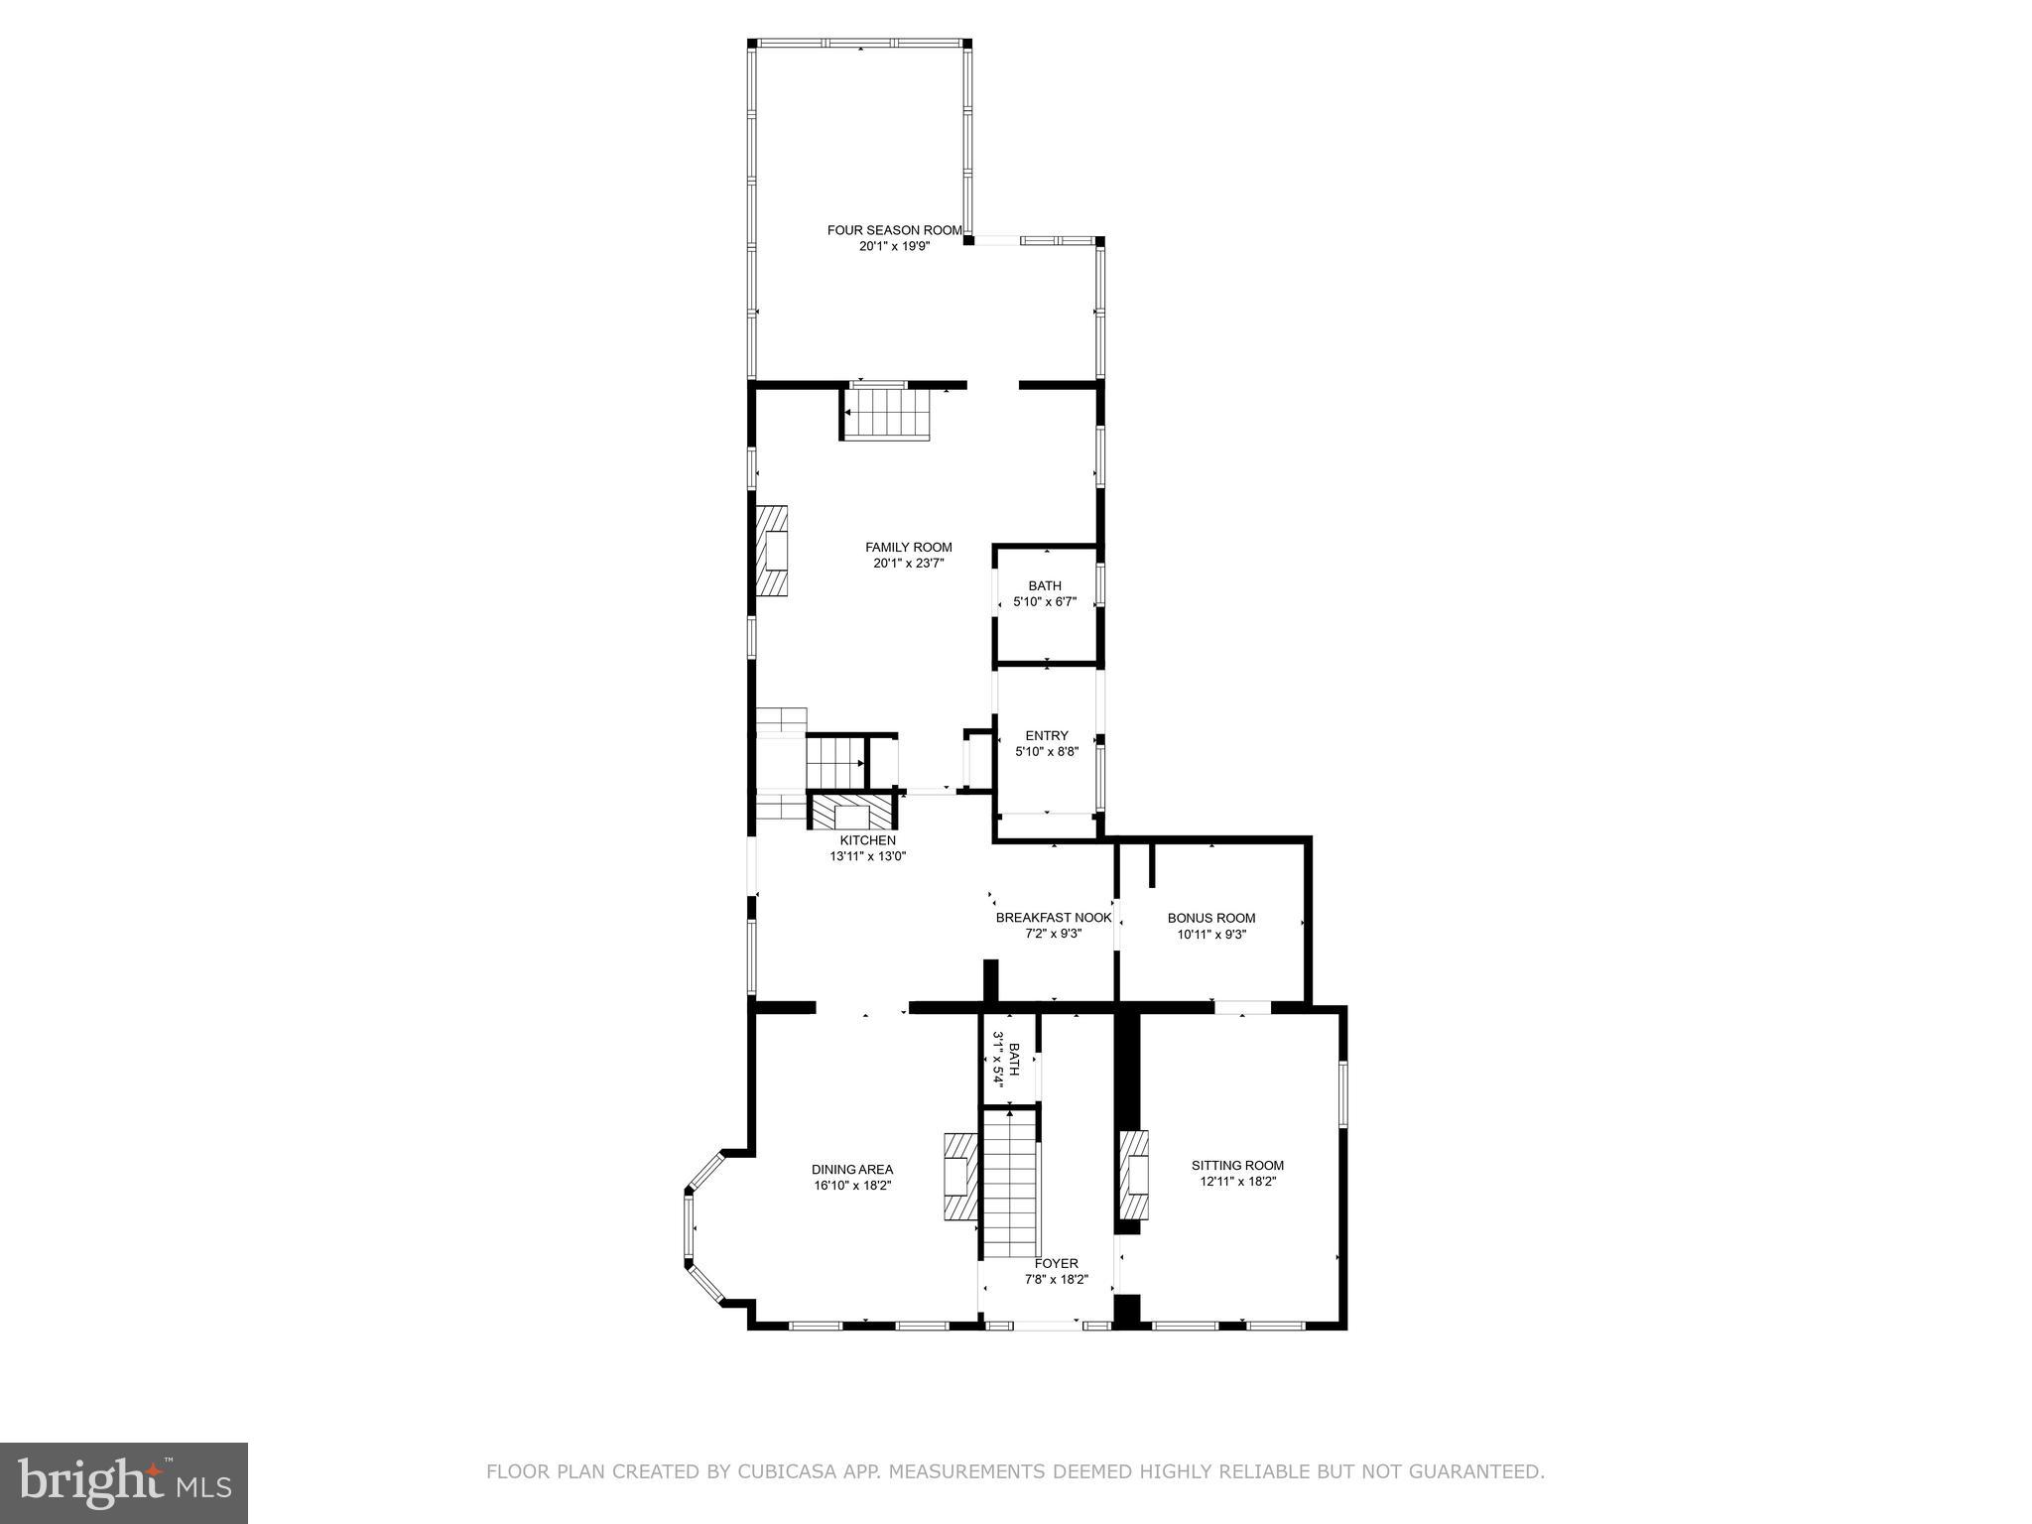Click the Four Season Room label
coord(894,230)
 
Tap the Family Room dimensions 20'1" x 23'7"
coord(908,564)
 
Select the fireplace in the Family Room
coord(773,551)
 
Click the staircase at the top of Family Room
coord(886,414)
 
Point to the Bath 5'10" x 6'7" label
coord(1045,586)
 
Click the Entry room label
coord(1047,735)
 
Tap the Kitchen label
coord(867,840)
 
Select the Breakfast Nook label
coord(1054,918)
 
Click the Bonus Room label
coord(1210,918)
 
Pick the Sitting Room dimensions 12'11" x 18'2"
coord(1237,1182)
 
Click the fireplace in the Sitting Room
coord(1134,1176)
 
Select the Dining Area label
coord(851,1169)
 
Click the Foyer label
coord(1056,1263)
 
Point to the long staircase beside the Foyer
coord(1011,1186)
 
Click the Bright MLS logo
coord(124,1481)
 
